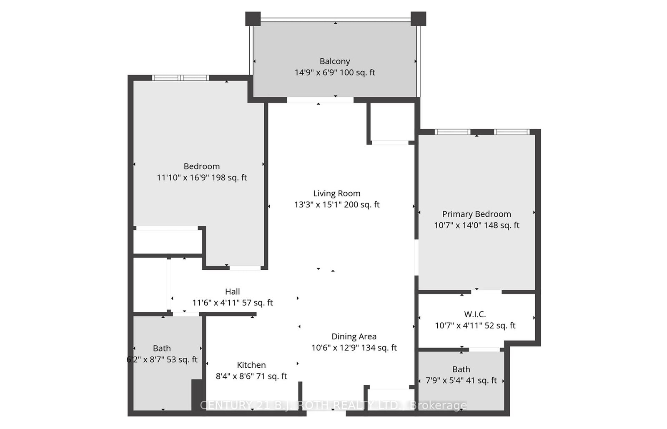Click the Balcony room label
[x=335, y=61]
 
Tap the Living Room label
[x=337, y=193]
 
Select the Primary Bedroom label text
[x=476, y=214]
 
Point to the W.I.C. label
[x=475, y=314]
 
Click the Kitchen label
[x=251, y=365]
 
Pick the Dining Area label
[x=354, y=336]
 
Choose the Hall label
[x=233, y=292]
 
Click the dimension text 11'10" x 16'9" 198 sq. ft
[x=202, y=178]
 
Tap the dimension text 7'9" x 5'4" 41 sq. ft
[x=461, y=381]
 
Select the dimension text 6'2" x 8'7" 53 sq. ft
[x=162, y=360]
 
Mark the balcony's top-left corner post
[x=253, y=19]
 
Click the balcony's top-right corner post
[x=418, y=19]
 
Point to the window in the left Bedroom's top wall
[x=180, y=78]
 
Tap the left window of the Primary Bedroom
[x=452, y=132]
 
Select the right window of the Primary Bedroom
[x=512, y=132]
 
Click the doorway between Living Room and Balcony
[x=320, y=100]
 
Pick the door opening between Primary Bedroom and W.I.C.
[x=486, y=291]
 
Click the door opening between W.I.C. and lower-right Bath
[x=484, y=349]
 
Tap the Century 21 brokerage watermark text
[x=333, y=405]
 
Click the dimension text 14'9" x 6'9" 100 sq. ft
[x=335, y=73]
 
